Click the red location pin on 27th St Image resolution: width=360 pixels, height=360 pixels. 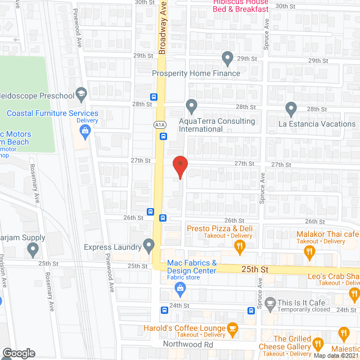pos(179,166)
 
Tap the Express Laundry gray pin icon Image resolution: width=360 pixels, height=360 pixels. pos(149,245)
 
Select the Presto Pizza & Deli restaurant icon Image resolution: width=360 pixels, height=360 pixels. pos(240,245)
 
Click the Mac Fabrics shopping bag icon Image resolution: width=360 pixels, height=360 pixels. pos(181,290)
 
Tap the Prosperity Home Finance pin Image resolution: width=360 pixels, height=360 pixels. pos(227,57)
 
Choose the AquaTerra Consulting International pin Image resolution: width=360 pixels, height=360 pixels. pos(191,105)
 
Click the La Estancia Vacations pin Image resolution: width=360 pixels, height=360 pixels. pos(291,107)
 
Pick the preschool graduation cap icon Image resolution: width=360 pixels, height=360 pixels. pos(81,94)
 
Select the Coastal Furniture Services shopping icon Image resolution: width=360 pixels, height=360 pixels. pos(85,133)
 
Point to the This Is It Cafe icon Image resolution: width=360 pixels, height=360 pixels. pos(270,303)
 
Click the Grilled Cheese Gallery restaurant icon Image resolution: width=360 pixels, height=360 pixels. pos(318,343)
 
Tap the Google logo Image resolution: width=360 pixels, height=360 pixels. pos(18,353)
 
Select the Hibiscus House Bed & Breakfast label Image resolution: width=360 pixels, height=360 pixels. pos(240,6)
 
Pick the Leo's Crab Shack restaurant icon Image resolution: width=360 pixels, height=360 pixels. pos(354,293)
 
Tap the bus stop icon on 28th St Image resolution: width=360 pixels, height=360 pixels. pos(154,96)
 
